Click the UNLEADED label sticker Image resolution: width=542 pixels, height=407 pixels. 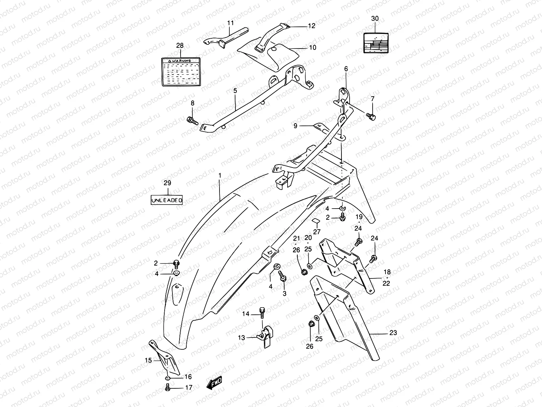pyautogui.click(x=167, y=200)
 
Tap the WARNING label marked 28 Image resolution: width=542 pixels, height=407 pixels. pyautogui.click(x=180, y=72)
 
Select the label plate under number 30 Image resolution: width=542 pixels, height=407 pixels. pyautogui.click(x=375, y=43)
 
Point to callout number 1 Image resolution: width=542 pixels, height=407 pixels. pyautogui.click(x=220, y=175)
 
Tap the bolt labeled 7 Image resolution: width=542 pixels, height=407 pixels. pyautogui.click(x=371, y=117)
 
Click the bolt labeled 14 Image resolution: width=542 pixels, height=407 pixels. pyautogui.click(x=262, y=311)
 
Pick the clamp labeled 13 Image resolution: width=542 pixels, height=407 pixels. pyautogui.click(x=266, y=336)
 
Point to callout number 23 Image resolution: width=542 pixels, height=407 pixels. pyautogui.click(x=393, y=333)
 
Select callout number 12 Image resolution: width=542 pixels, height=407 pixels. pyautogui.click(x=311, y=26)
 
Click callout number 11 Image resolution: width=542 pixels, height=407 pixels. pyautogui.click(x=230, y=23)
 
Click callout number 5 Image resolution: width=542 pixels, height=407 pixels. pyautogui.click(x=235, y=91)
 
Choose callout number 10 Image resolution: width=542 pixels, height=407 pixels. pyautogui.click(x=312, y=47)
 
